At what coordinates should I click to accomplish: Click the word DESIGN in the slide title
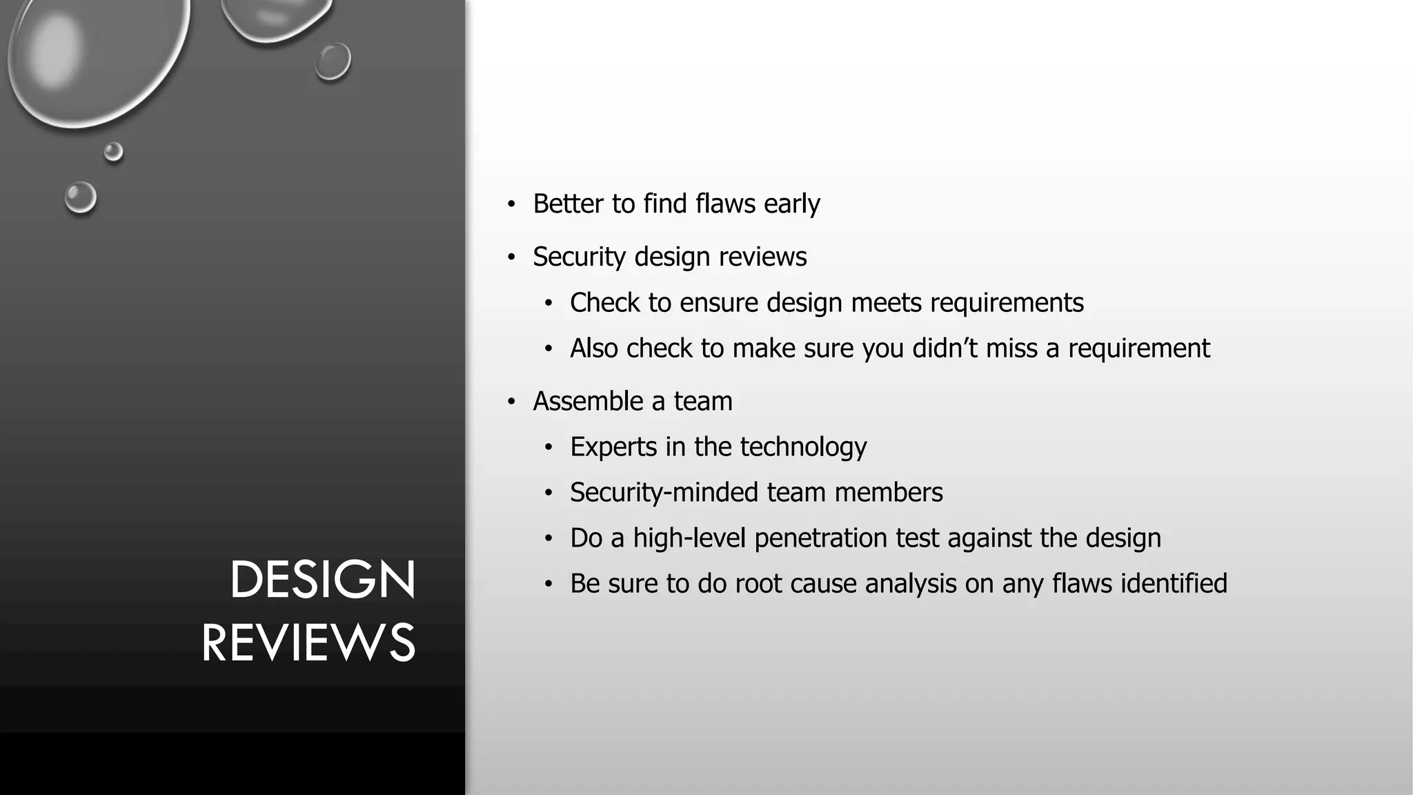[322, 580]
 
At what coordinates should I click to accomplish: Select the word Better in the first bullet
[568, 204]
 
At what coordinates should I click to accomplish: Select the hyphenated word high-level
[690, 538]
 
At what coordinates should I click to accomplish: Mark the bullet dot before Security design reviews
[511, 257]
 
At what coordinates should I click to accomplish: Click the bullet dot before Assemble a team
[511, 402]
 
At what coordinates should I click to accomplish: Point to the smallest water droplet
[113, 151]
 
